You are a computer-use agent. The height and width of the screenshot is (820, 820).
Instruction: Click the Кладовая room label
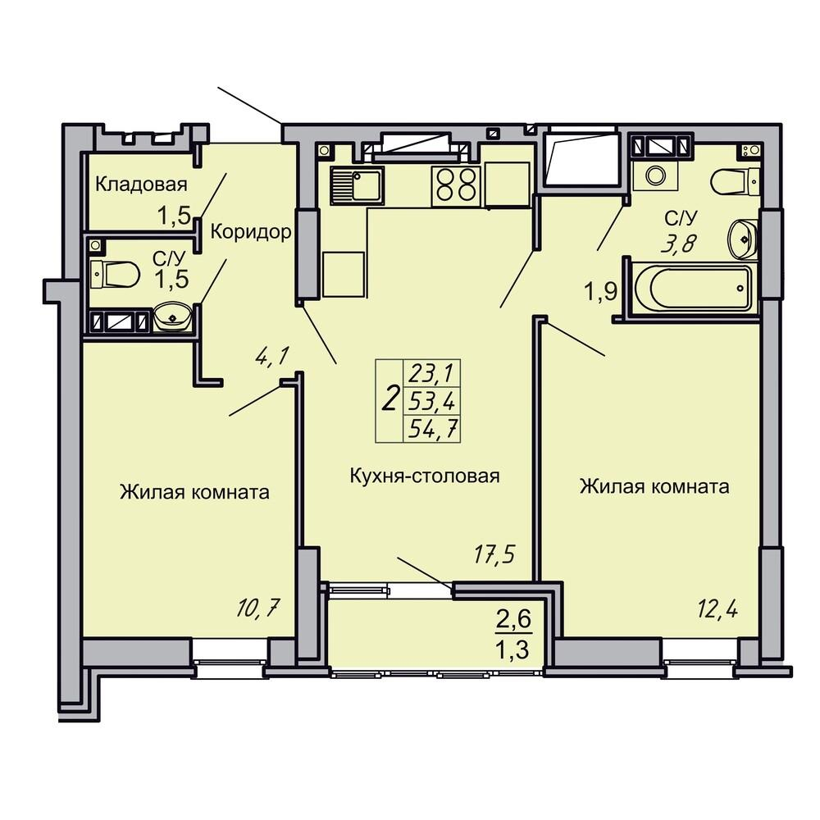(141, 184)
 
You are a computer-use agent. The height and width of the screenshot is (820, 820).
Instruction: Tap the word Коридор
(250, 232)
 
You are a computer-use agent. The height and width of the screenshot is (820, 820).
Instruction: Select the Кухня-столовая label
(424, 476)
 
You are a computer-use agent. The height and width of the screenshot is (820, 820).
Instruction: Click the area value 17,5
(494, 555)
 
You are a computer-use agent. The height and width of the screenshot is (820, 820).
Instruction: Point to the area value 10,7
(259, 608)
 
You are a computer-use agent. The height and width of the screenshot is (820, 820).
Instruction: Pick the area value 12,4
(717, 609)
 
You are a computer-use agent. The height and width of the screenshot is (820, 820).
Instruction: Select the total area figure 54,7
(433, 430)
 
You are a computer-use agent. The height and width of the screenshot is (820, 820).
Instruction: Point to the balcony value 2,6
(513, 620)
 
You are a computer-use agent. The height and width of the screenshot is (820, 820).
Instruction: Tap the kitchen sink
(358, 185)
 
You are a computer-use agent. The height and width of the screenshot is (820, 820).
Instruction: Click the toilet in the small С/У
(115, 274)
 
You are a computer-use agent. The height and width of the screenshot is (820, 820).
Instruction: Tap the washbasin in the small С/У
(172, 317)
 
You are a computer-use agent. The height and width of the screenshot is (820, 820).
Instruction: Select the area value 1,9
(601, 292)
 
